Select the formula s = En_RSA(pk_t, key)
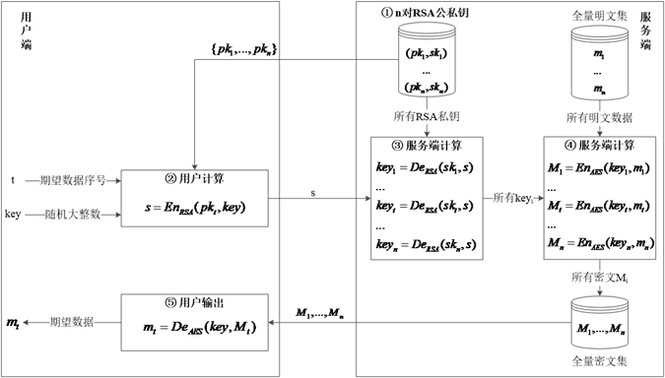tap(195, 208)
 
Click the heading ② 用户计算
tap(195, 179)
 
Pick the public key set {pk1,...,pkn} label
tap(243, 50)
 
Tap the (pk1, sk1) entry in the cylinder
tap(427, 54)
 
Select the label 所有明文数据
tap(599, 118)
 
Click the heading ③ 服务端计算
tap(427, 147)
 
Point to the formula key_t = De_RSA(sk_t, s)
tap(426, 208)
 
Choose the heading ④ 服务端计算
tap(600, 147)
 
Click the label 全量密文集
tap(600, 361)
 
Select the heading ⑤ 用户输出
tap(195, 303)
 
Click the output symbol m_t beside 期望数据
tap(12, 323)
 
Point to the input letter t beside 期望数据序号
tap(13, 180)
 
